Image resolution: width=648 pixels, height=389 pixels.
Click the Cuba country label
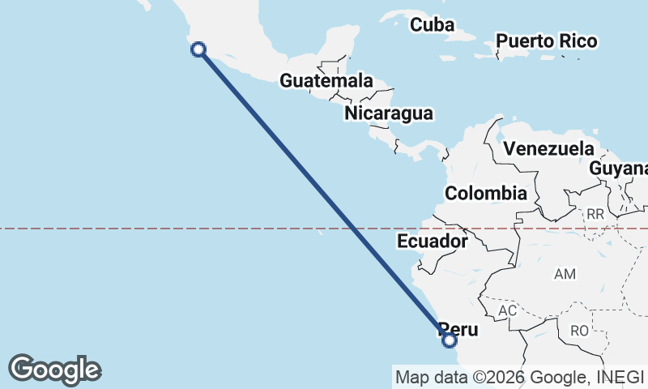tap(432, 25)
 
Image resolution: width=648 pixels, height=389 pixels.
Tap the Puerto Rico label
tap(547, 41)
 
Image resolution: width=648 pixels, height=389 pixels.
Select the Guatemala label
tap(326, 81)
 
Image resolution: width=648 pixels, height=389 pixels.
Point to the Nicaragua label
tap(389, 113)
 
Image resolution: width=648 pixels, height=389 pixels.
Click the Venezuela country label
tap(548, 149)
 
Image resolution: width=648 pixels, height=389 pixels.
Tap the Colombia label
tap(486, 194)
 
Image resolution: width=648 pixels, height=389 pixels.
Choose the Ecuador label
tap(433, 242)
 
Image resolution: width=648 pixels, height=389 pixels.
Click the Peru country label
tap(459, 330)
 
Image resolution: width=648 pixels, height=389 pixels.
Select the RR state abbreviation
tap(595, 215)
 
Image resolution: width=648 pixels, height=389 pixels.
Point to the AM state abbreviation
tap(565, 275)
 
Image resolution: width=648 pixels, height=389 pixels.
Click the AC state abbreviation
tap(508, 311)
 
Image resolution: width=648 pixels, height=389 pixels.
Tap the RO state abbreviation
tap(580, 331)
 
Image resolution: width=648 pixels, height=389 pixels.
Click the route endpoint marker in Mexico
tap(198, 49)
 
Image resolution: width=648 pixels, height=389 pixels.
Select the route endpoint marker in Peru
tap(450, 340)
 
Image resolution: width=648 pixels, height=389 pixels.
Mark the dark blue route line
tap(324, 195)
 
